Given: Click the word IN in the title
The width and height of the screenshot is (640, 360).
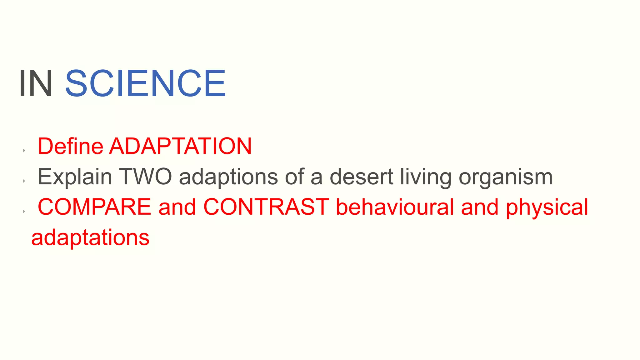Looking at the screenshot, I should tap(36, 83).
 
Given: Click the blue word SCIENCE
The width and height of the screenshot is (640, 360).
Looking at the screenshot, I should tap(145, 83).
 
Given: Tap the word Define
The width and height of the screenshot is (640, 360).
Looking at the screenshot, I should tap(70, 146).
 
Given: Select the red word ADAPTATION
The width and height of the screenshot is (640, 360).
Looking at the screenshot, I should tap(180, 146).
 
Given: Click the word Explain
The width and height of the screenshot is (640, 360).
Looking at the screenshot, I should tap(75, 177).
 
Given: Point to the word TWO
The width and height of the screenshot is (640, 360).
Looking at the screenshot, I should tap(145, 177).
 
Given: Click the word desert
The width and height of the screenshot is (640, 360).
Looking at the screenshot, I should tap(361, 177).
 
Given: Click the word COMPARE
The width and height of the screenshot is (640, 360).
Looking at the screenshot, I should tap(94, 207).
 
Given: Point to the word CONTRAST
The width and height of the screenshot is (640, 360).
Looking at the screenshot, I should tap(266, 207).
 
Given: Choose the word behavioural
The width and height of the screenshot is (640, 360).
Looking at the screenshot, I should tap(395, 207).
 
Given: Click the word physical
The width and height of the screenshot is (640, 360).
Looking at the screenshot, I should tap(547, 207).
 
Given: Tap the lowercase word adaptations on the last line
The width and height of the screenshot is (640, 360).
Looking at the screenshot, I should tap(90, 238).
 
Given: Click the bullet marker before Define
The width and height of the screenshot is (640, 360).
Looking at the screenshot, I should tap(24, 151).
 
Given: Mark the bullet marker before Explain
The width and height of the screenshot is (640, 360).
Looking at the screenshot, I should tap(24, 181).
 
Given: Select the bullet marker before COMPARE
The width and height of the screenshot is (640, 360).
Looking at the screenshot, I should tap(24, 212).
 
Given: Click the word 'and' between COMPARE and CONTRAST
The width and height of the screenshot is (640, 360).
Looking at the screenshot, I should tap(177, 207).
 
